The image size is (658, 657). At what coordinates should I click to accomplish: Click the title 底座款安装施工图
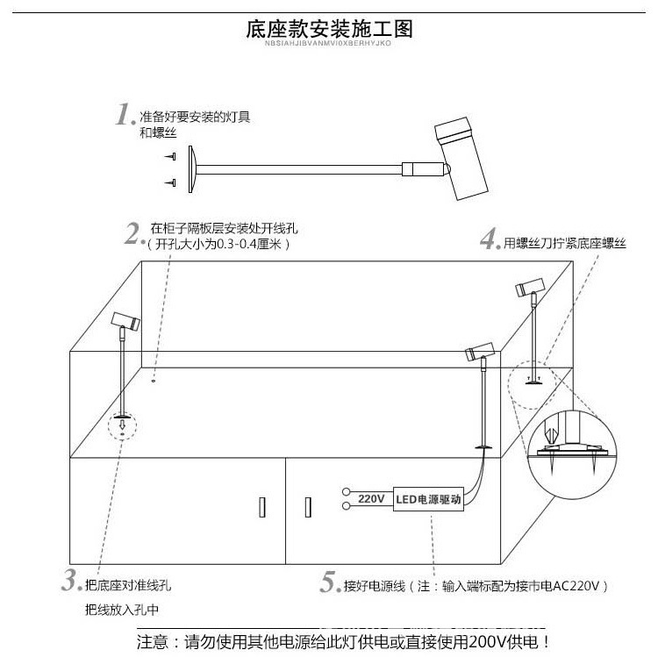pyautogui.click(x=329, y=29)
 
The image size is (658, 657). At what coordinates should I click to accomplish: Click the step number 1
pyautogui.click(x=124, y=116)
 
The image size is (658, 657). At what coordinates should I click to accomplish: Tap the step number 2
pyautogui.click(x=133, y=234)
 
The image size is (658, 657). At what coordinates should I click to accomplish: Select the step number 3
pyautogui.click(x=70, y=580)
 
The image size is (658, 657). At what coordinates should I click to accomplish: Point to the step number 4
pyautogui.click(x=490, y=239)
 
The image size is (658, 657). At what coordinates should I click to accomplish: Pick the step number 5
pyautogui.click(x=329, y=582)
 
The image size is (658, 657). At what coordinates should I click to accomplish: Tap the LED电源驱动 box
pyautogui.click(x=428, y=499)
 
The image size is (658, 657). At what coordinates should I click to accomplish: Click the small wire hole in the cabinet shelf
pyautogui.click(x=153, y=381)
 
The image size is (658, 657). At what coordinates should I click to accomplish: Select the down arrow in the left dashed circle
pyautogui.click(x=123, y=426)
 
